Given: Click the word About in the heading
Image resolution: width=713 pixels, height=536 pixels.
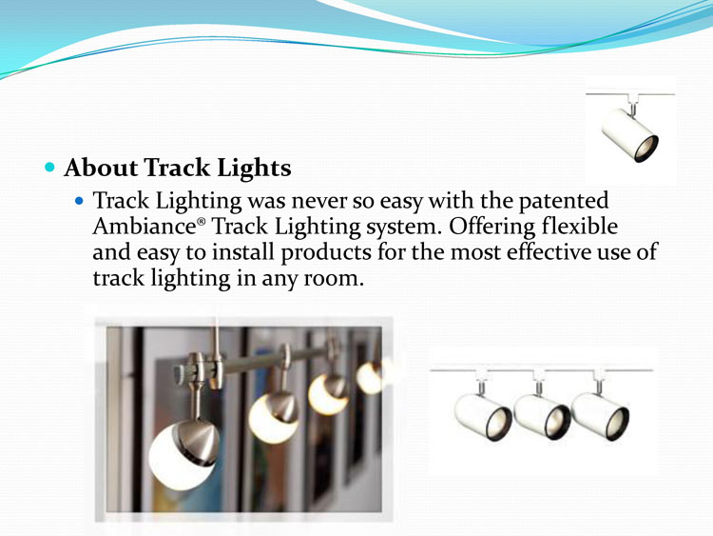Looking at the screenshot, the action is (101, 168).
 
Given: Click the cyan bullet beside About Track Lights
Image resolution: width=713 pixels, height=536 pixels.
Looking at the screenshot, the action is (49, 168).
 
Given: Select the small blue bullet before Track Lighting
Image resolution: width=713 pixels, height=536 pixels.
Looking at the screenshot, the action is (80, 200).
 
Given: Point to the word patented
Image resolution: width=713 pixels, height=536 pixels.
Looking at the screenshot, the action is (564, 201).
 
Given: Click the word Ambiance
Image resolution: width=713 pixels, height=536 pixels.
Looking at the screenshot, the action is (145, 227).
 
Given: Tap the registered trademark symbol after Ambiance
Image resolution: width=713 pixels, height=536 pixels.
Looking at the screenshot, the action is (201, 222).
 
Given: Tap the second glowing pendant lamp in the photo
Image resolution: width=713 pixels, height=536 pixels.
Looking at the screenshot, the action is (273, 417).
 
